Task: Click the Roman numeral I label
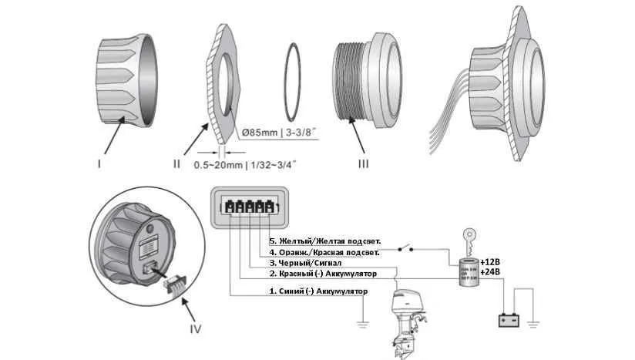pyautogui.click(x=101, y=163)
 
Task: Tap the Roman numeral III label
pyautogui.click(x=364, y=163)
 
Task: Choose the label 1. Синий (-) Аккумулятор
pyautogui.click(x=318, y=291)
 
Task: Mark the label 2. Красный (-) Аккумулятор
pyautogui.click(x=321, y=274)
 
